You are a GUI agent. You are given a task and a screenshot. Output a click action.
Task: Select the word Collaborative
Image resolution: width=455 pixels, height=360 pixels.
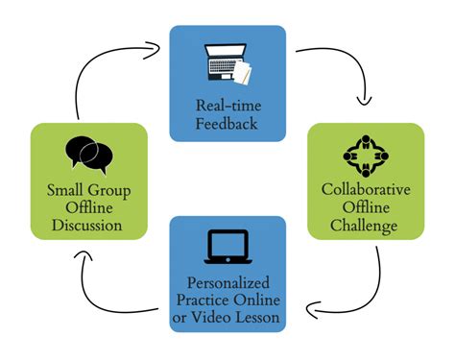click(x=365, y=188)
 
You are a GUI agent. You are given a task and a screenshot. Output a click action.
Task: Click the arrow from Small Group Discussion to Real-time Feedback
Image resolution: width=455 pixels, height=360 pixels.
click(x=96, y=72)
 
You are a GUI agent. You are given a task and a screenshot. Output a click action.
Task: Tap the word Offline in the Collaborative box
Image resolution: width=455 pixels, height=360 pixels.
click(x=365, y=206)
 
